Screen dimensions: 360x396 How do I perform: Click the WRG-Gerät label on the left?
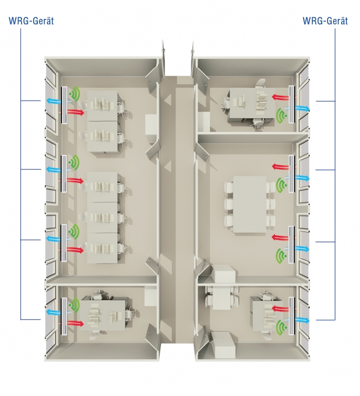(x=32, y=21)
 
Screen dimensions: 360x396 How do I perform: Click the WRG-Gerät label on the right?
(x=325, y=21)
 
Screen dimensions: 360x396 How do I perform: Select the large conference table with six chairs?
(x=250, y=205)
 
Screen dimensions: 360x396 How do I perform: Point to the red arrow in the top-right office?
(x=280, y=96)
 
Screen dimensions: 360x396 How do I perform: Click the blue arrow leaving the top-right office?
(x=302, y=108)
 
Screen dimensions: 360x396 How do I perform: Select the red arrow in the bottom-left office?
(x=76, y=323)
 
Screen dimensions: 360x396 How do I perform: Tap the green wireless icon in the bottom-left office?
(x=75, y=305)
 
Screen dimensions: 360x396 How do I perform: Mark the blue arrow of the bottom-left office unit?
(x=54, y=312)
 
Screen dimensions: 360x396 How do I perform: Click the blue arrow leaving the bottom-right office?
(x=302, y=320)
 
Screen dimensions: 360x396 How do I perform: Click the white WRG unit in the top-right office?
(x=292, y=104)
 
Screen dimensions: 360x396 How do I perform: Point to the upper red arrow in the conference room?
(x=280, y=166)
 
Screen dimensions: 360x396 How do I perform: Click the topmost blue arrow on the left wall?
(x=54, y=101)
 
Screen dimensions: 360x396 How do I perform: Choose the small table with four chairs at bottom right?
(x=221, y=298)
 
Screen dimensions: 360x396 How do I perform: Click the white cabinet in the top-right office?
(x=204, y=121)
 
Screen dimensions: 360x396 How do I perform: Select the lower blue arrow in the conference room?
(x=302, y=249)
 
